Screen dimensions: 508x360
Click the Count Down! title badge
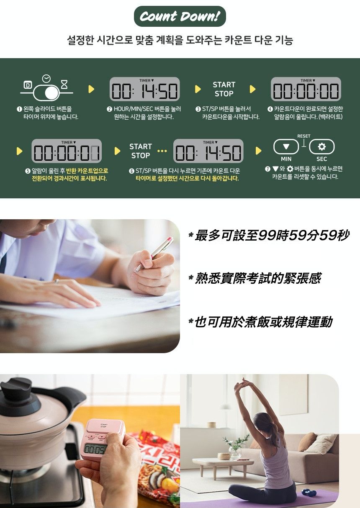point(180,17)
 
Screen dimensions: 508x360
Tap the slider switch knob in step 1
point(52,92)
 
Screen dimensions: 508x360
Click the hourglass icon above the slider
point(64,85)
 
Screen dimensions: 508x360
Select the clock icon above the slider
point(46,78)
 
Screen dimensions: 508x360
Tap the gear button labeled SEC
point(321,147)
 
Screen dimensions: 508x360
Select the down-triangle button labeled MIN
point(286,147)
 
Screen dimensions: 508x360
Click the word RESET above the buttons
point(304,136)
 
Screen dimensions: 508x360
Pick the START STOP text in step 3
point(224,89)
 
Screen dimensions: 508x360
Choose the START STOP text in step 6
point(140,151)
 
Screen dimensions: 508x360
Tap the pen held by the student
point(154,254)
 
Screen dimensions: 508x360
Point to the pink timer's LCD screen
point(95,449)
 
